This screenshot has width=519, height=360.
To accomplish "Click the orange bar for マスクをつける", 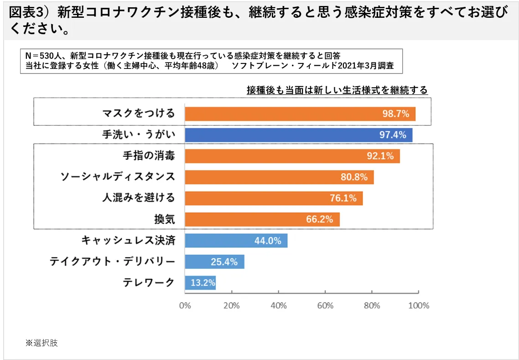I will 300,114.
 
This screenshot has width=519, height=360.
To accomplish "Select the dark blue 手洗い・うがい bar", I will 298,135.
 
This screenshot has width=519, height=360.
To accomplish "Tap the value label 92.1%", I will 380,156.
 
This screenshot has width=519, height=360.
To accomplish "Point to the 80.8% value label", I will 354,177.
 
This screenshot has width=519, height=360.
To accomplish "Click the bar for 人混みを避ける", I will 274,198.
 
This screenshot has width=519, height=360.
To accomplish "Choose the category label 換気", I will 164,219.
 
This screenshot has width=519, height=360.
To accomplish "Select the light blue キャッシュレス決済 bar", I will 236,240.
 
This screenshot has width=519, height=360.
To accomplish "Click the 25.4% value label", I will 224,262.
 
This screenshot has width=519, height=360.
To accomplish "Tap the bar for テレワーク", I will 200,283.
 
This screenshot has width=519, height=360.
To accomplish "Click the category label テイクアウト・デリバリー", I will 112,261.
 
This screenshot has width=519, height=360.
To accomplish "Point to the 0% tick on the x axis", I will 185,306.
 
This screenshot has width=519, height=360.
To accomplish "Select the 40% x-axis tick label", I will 279,306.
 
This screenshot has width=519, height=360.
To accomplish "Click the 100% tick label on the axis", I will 419,306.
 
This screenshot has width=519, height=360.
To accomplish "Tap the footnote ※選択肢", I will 42,343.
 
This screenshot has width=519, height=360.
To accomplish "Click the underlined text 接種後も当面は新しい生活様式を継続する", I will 337,90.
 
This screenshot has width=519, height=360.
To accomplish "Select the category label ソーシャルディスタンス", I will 118,177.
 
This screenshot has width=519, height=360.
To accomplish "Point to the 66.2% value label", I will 319,219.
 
